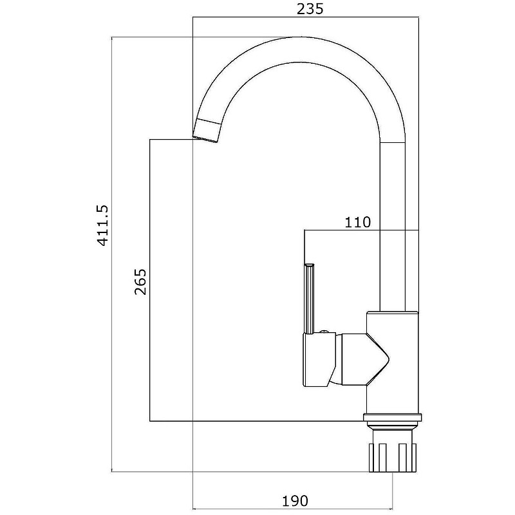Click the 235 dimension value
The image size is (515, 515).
310,9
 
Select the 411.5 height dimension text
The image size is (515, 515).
102,225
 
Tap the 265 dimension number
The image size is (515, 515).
140,282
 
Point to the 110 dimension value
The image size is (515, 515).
357,222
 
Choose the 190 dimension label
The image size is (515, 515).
295,501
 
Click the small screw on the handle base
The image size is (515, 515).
324,332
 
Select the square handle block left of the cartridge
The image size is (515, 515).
319,359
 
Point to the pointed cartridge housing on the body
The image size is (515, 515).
364,359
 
